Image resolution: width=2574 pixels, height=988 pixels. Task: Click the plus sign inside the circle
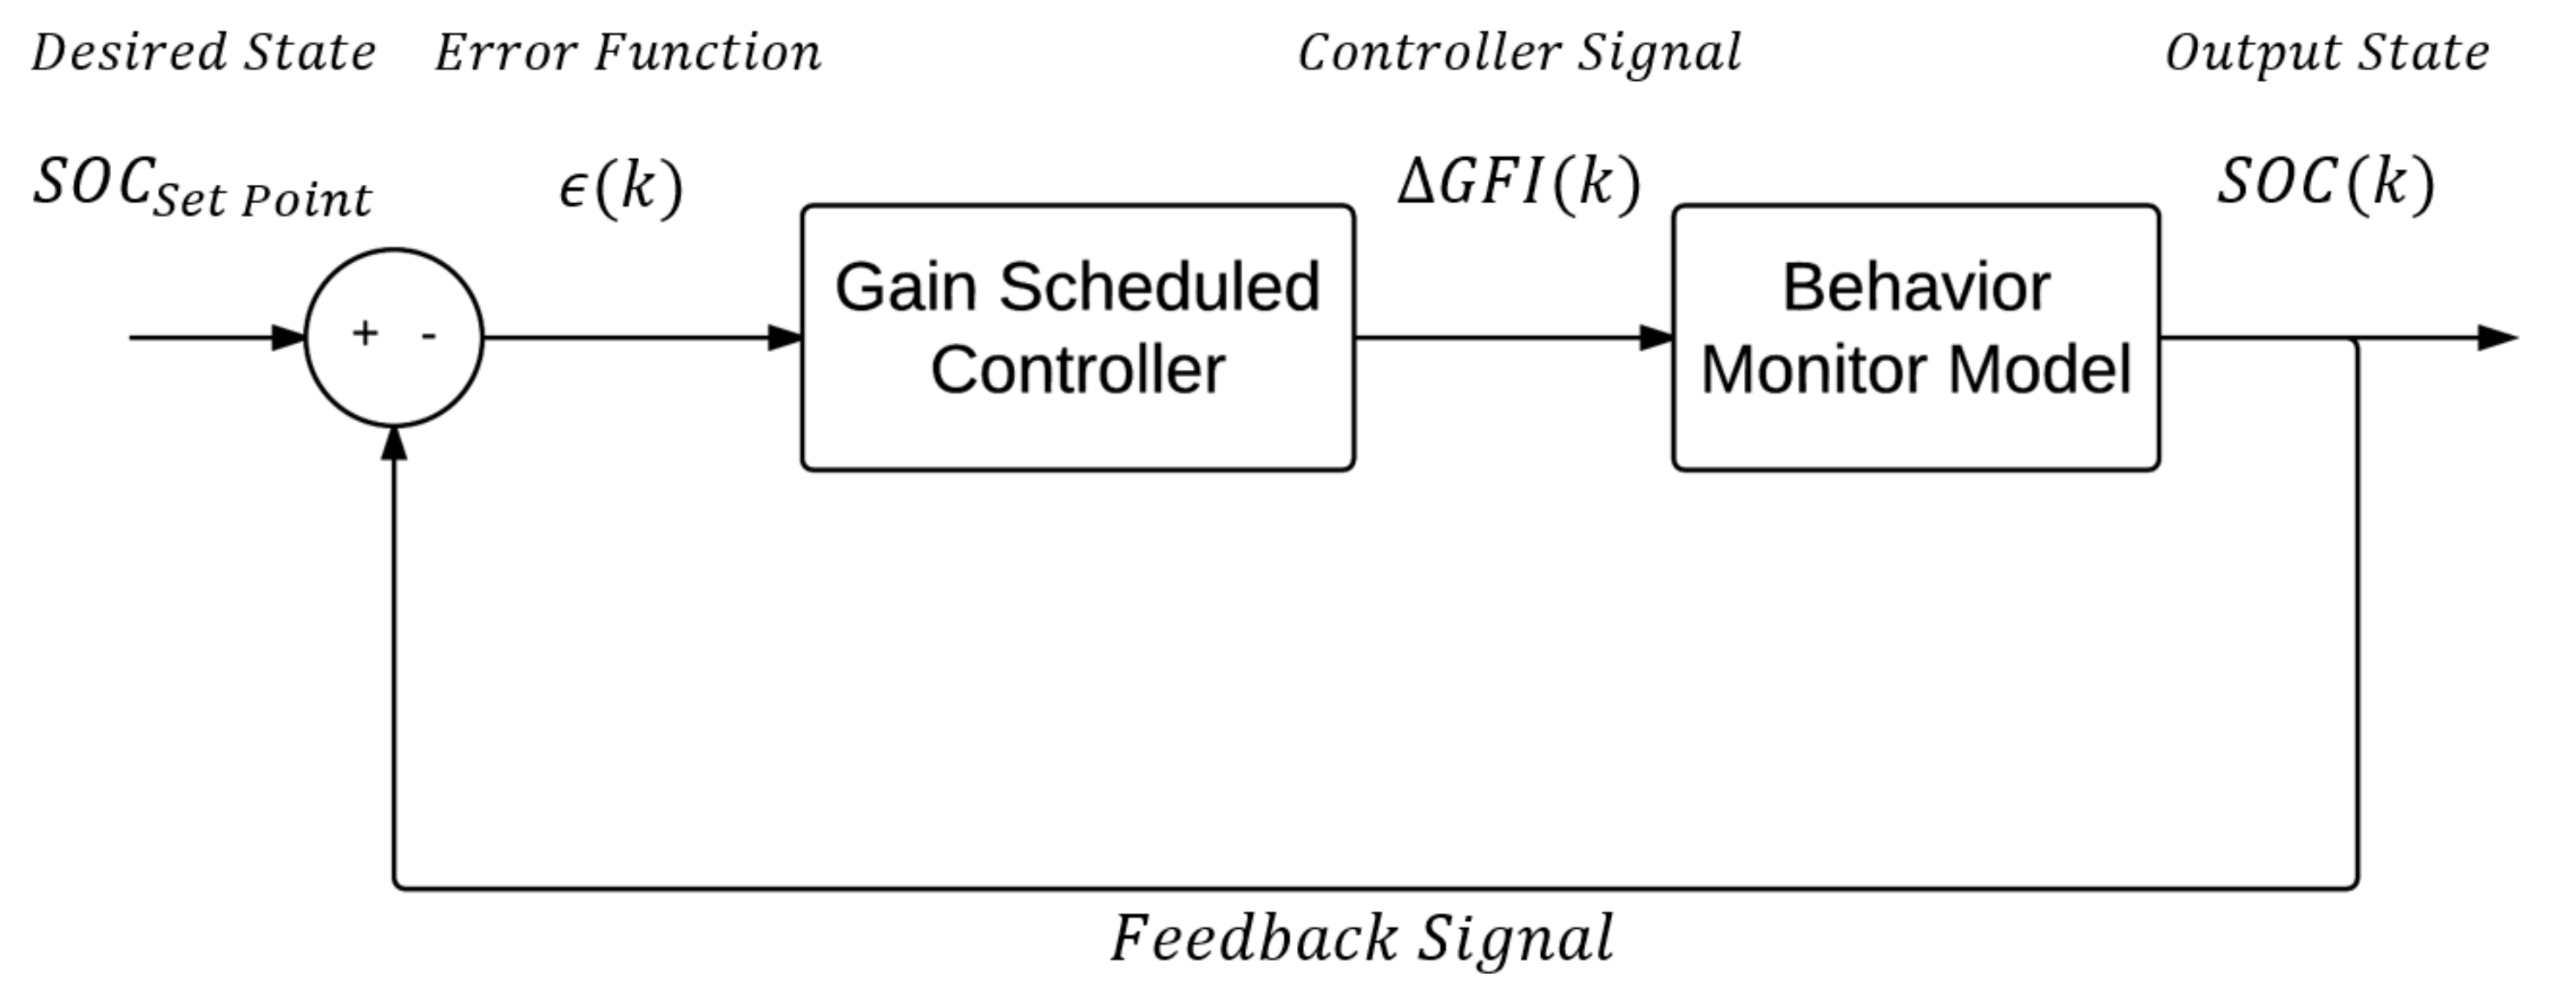[x=365, y=333]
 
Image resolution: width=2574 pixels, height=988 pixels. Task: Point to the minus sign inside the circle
[x=429, y=336]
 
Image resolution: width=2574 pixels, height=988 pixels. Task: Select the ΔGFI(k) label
[x=1517, y=184]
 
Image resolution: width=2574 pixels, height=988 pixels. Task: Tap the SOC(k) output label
[x=2325, y=184]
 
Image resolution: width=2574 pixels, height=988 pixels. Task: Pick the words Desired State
[x=203, y=52]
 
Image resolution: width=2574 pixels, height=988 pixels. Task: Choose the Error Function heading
[x=628, y=52]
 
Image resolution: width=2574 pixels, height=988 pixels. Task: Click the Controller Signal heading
[x=1519, y=54]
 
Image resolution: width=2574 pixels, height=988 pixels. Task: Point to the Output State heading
[x=2327, y=54]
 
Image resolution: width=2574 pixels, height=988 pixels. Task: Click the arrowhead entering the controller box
[x=786, y=338]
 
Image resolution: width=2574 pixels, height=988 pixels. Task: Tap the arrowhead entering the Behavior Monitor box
[x=1656, y=338]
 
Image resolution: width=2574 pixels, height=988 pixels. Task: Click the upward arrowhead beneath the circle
[x=395, y=444]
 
